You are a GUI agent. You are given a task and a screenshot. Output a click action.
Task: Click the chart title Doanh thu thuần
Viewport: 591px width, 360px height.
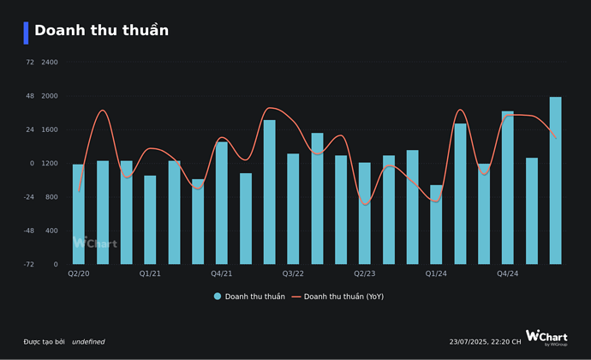tap(101, 31)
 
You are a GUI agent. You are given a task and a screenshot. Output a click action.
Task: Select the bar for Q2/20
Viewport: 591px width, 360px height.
tap(79, 214)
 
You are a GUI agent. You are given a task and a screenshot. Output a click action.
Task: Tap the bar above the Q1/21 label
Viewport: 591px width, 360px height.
tap(151, 220)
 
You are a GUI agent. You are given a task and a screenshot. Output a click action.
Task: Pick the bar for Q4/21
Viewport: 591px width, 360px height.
tap(222, 203)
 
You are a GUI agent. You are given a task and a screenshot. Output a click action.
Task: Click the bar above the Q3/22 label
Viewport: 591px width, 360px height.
tap(293, 209)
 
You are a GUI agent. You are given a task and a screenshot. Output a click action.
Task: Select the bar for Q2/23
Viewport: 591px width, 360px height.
tap(365, 213)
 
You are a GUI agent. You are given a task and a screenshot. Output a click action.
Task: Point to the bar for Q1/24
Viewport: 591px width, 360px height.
tap(436, 225)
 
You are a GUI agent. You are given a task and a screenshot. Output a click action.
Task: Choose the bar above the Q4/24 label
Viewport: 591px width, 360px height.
tap(508, 188)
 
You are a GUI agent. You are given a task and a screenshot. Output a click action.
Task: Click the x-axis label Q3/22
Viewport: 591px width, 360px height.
tap(293, 274)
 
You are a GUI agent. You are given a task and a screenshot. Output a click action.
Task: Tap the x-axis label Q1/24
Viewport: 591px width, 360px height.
tap(436, 274)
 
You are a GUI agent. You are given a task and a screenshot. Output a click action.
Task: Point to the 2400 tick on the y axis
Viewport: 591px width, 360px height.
tap(50, 63)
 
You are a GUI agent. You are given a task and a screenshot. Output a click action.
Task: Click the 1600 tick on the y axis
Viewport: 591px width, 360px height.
tap(50, 129)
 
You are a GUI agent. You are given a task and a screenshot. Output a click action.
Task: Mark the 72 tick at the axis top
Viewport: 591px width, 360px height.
tap(30, 63)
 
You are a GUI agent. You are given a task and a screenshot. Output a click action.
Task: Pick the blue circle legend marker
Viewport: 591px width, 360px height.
tap(218, 297)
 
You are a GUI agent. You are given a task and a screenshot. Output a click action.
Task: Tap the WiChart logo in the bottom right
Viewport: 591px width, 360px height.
tap(546, 337)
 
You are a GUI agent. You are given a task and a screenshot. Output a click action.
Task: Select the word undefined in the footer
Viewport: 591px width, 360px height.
tap(88, 342)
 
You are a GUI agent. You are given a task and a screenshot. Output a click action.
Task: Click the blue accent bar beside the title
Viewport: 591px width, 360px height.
tap(27, 33)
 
